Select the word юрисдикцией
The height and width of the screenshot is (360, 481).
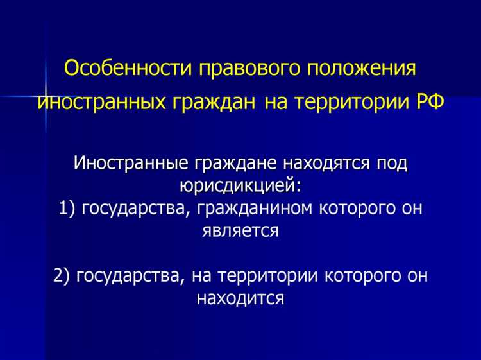(239, 186)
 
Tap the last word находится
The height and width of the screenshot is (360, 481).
(240, 298)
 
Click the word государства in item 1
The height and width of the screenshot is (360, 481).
(135, 209)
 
